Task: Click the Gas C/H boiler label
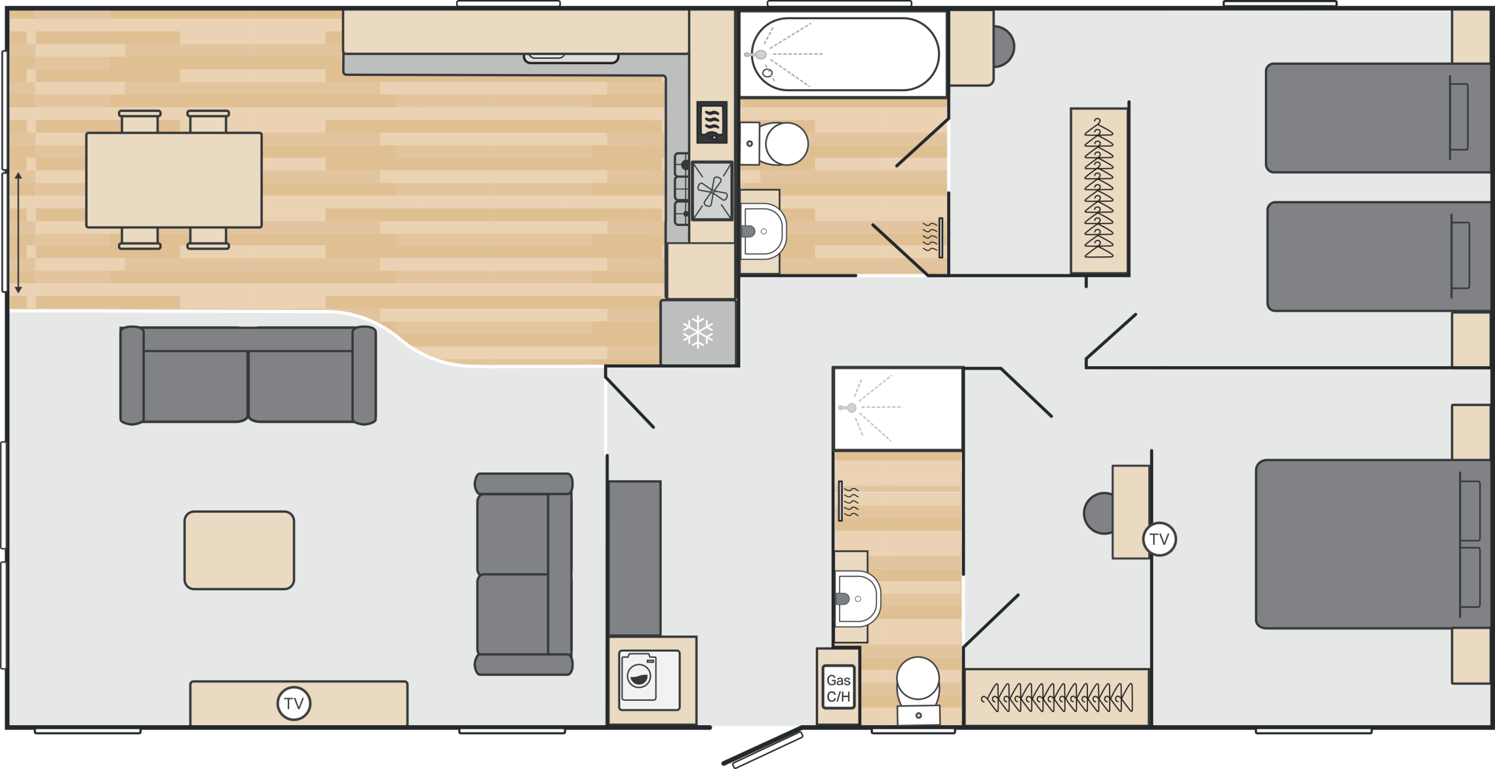coord(839,687)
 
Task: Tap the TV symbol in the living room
coord(294,704)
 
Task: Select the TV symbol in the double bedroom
coord(1159,539)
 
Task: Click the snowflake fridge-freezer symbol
coord(698,332)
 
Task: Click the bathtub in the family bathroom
coord(844,54)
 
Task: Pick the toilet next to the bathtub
coord(774,144)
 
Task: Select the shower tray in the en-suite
coord(898,408)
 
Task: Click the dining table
coord(174,180)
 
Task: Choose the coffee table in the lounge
coord(239,550)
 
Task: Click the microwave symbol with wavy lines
coord(712,122)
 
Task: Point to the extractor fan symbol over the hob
coord(712,191)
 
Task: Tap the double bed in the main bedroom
coord(1372,544)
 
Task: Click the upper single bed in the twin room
coord(1377,118)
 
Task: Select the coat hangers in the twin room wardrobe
coord(1098,188)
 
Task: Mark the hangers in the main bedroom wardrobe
coord(1057,697)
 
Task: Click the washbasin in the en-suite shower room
coord(857,599)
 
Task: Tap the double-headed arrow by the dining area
coord(19,232)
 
